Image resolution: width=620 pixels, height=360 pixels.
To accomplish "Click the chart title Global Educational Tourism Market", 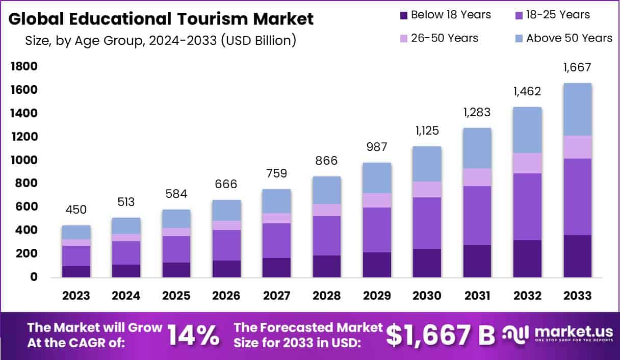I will [161, 19].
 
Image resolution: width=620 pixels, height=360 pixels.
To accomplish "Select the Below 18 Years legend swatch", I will [404, 15].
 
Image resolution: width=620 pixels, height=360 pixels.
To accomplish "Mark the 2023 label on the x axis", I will [76, 296].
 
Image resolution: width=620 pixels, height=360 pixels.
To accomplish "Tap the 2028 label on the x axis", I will [327, 296].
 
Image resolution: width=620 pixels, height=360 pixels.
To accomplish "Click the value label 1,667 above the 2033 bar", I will [577, 67].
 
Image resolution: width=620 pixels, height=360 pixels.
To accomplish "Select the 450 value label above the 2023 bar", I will [76, 210].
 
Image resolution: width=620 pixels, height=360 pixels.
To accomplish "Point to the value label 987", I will [377, 147].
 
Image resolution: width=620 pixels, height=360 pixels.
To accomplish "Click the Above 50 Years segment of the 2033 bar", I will [577, 109].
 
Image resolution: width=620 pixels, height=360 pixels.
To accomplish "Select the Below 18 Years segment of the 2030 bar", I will [427, 263].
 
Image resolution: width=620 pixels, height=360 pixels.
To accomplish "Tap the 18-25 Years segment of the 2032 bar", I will [527, 207].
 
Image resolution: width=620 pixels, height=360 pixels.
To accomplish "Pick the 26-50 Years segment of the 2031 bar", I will [477, 177].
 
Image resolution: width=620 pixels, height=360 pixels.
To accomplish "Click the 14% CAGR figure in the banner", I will [194, 335].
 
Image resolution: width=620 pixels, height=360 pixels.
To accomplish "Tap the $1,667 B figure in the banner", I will [440, 335].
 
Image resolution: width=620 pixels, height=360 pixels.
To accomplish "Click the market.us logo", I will [555, 335].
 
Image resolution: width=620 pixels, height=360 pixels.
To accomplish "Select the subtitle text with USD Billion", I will [161, 40].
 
